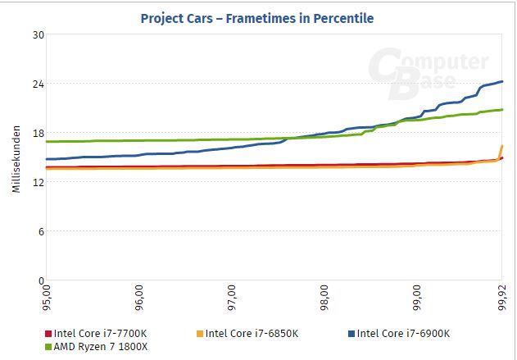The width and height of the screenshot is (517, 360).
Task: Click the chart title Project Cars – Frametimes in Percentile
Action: [x=258, y=16]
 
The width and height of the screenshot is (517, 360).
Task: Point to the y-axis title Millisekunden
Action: [x=16, y=160]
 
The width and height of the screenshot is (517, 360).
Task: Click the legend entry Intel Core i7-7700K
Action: [x=102, y=333]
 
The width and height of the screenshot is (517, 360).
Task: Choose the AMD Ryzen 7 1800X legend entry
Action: [x=100, y=346]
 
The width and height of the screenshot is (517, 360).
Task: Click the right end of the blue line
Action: [x=501, y=81]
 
